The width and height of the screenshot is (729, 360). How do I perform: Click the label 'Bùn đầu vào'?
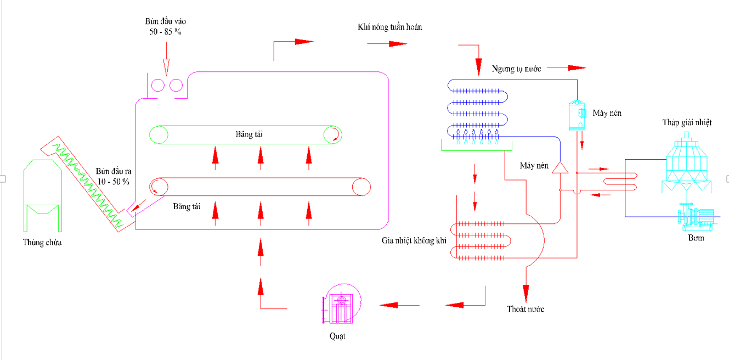[x=166, y=21]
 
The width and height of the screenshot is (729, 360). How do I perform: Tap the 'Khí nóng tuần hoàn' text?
[x=390, y=27]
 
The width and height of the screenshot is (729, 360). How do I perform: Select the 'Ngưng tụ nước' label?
[x=516, y=69]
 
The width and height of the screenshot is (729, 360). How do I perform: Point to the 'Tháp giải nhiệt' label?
[x=687, y=122]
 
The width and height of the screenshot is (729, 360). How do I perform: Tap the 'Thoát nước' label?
[x=525, y=310]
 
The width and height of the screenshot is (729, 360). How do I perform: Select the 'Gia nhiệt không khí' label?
[x=414, y=241]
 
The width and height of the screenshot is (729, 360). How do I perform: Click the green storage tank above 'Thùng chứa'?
[x=42, y=194]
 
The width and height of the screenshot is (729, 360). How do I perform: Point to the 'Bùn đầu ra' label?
[x=114, y=171]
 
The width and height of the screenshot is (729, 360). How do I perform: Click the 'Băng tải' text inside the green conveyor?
[x=244, y=133]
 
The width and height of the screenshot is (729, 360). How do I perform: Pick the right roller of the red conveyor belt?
[x=361, y=187]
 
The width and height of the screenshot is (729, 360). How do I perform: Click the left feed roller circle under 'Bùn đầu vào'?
[x=157, y=85]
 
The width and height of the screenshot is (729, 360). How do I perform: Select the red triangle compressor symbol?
[x=560, y=167]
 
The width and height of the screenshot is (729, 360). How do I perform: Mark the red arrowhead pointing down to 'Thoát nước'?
[x=525, y=292]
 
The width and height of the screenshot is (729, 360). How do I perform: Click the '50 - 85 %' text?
[x=165, y=32]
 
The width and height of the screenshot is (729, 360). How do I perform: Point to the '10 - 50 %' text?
[x=114, y=181]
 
